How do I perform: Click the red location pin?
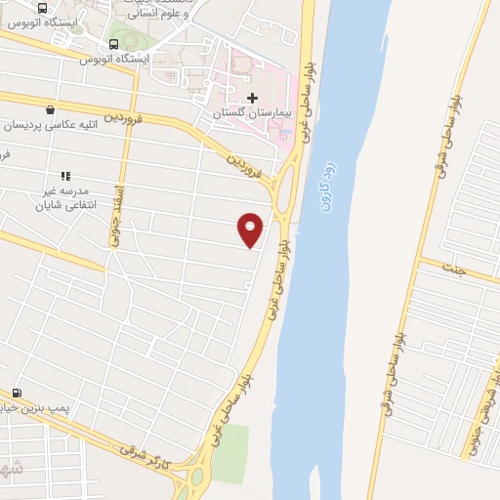click(x=251, y=229)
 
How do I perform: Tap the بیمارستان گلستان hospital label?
click(x=254, y=114)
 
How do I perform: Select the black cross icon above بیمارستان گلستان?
click(x=253, y=98)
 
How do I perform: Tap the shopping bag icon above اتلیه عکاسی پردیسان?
click(x=50, y=109)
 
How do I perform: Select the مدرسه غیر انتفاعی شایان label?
click(x=62, y=198)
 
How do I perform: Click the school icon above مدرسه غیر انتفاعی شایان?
click(x=65, y=176)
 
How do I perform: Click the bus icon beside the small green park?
click(x=115, y=44)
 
